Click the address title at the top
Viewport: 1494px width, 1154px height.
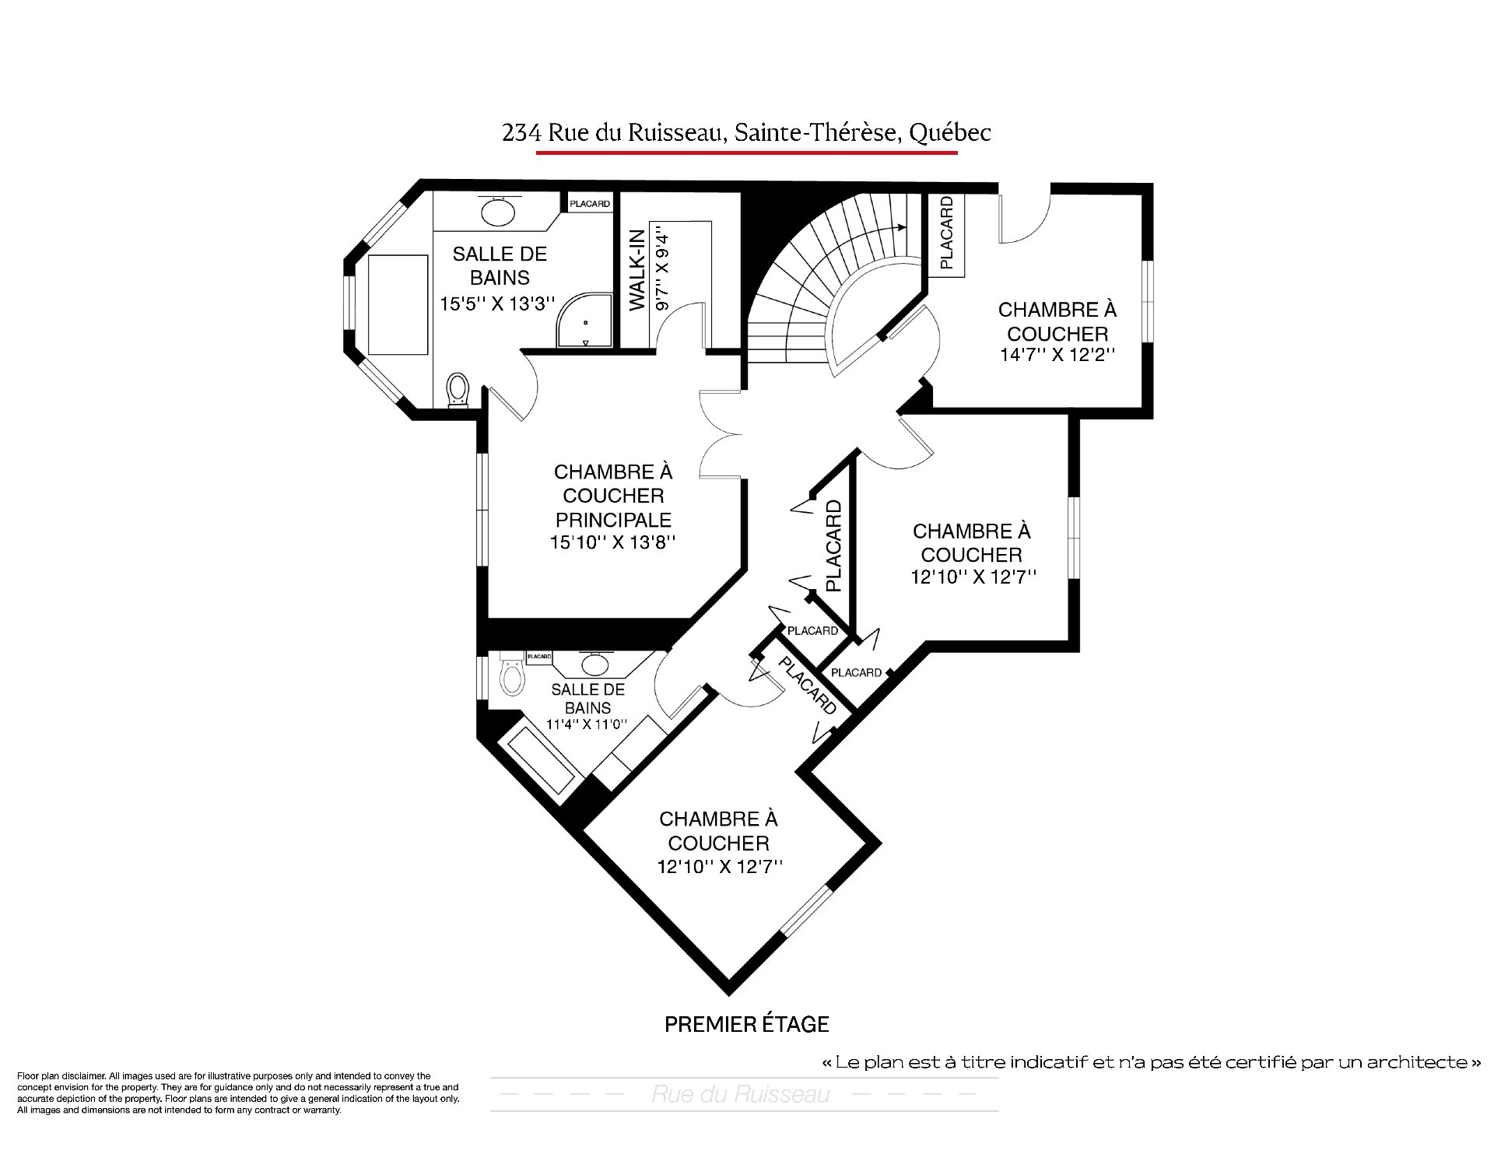click(746, 133)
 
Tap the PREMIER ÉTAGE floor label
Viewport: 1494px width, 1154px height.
click(746, 1024)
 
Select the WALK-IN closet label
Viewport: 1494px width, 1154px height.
click(637, 270)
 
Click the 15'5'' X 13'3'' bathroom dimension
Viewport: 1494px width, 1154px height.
click(497, 303)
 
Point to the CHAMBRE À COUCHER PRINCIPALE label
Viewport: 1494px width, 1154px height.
click(613, 495)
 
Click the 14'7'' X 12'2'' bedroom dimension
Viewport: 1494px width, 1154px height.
click(1057, 354)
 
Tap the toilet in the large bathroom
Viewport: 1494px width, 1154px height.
click(458, 389)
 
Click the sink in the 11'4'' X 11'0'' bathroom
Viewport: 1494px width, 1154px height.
click(596, 664)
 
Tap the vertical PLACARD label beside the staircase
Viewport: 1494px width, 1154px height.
click(946, 233)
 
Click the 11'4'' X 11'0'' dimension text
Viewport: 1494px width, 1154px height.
click(586, 724)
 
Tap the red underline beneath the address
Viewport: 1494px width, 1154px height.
click(747, 153)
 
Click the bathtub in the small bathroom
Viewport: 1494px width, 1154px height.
click(542, 763)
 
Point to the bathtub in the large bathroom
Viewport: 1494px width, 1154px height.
click(398, 305)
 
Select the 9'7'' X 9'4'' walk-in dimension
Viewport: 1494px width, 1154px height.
click(662, 268)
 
